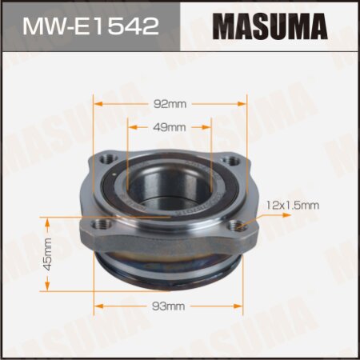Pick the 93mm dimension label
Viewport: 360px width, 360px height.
pyautogui.click(x=169, y=306)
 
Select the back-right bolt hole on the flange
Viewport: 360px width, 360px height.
pyautogui.click(x=233, y=161)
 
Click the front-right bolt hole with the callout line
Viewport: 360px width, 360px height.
pyautogui.click(x=234, y=226)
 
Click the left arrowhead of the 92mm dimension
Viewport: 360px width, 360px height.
pyautogui.click(x=97, y=103)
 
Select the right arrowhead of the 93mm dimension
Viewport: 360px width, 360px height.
pyautogui.click(x=242, y=306)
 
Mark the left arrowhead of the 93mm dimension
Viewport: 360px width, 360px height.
pyautogui.click(x=98, y=306)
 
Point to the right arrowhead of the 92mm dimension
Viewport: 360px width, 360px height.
pyautogui.click(x=240, y=103)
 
